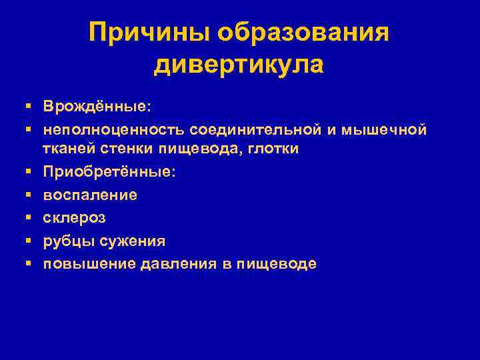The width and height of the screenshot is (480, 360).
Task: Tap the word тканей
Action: click(68, 149)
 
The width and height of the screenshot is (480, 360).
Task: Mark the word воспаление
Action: click(91, 195)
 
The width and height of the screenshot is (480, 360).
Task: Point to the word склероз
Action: click(75, 218)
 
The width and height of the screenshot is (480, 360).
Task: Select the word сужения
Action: click(132, 241)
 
